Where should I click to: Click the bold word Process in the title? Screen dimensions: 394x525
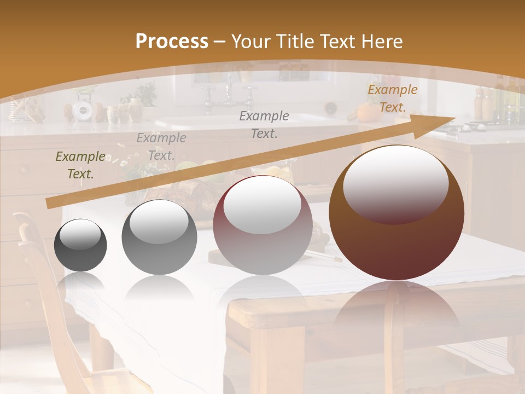coord(172,42)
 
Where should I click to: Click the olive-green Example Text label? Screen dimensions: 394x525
coord(80,165)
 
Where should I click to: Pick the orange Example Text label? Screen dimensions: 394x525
coord(392,99)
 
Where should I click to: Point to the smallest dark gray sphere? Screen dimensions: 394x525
coord(80,245)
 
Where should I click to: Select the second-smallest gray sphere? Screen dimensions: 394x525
coord(159,237)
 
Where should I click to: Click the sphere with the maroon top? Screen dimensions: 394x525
coord(262,225)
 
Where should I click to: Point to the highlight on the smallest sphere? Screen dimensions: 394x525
coord(80,234)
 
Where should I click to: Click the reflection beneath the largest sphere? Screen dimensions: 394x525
coord(396,306)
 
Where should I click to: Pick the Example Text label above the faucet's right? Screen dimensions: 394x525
coord(264,124)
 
